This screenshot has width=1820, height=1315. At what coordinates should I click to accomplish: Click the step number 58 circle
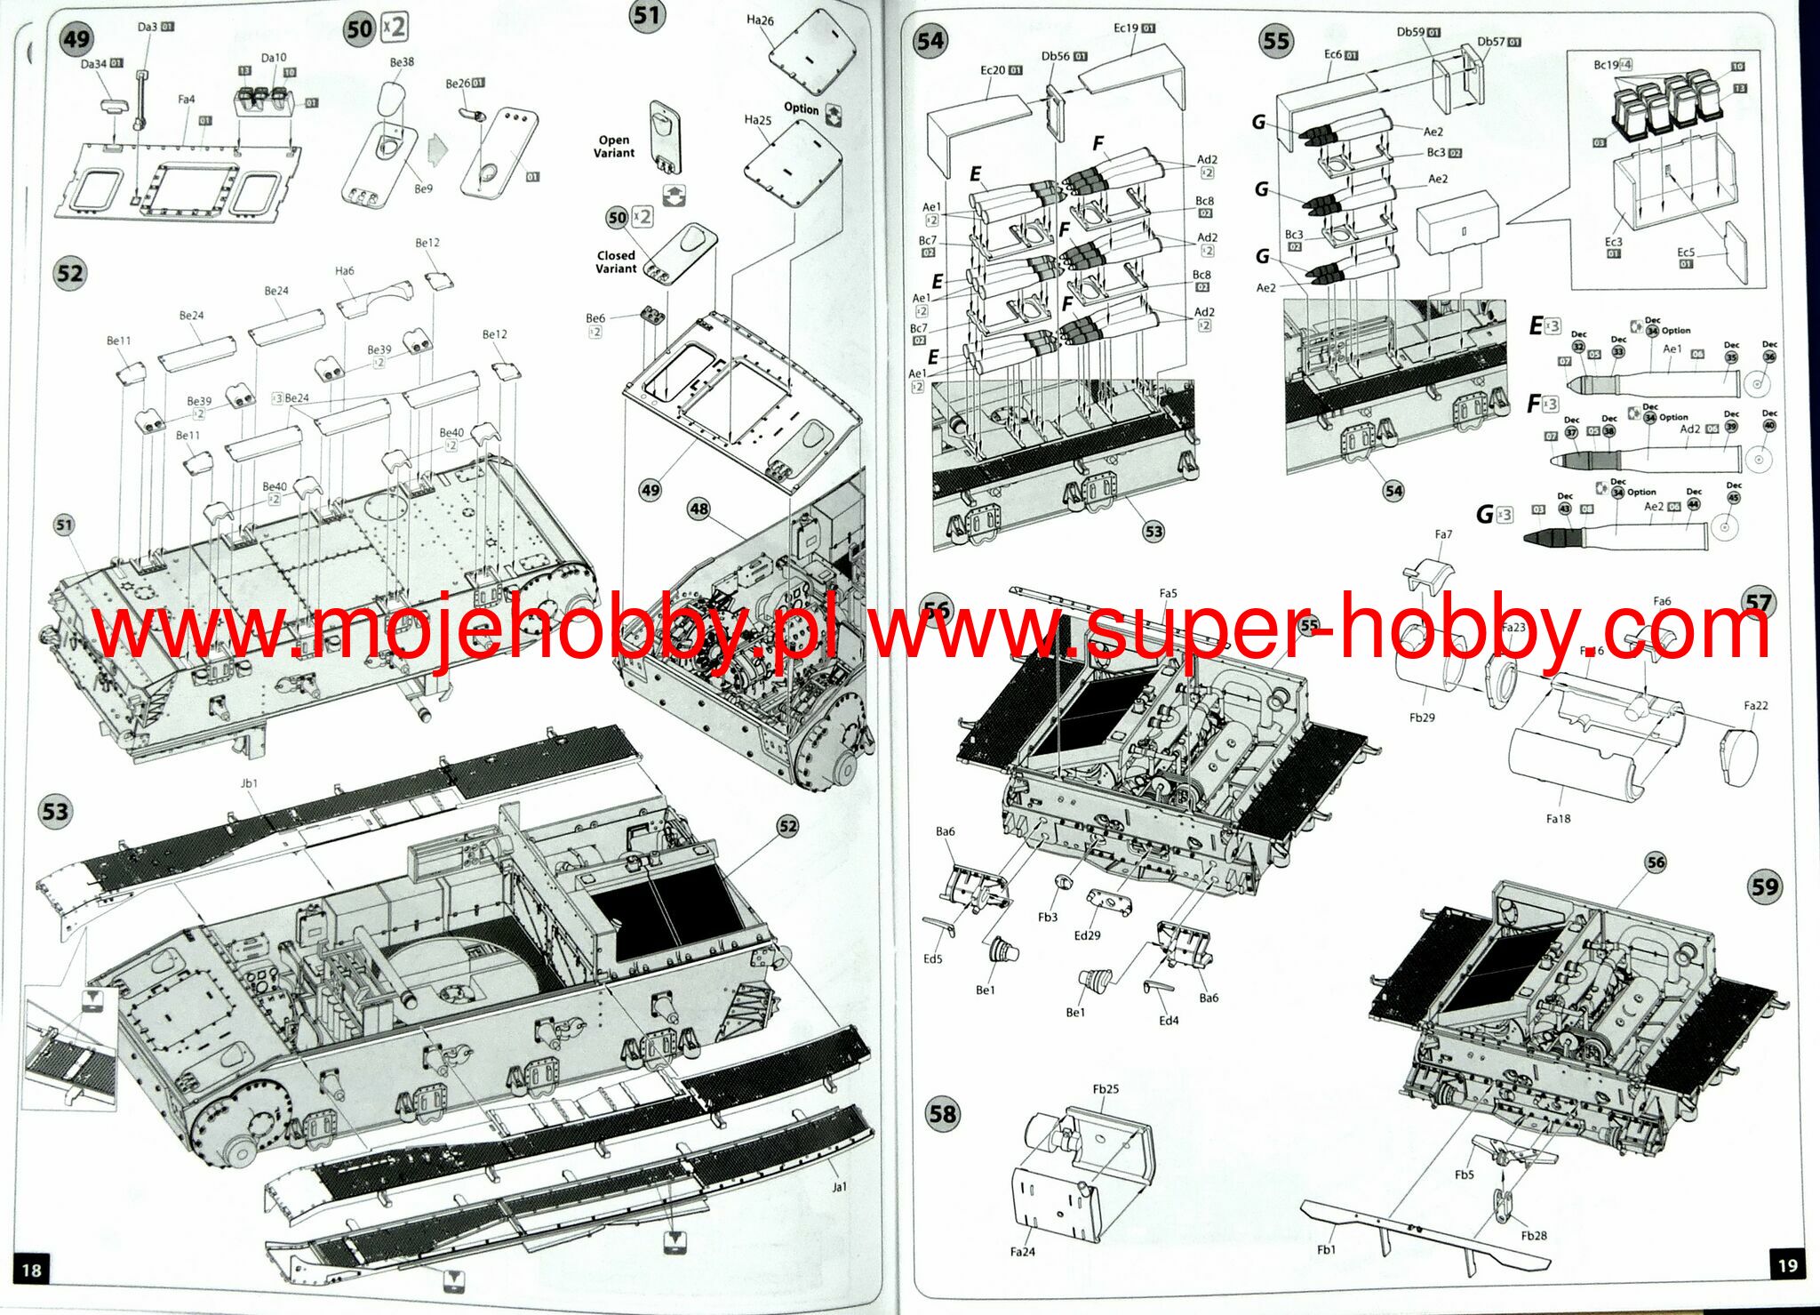click(942, 1114)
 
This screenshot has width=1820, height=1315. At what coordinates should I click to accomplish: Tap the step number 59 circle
click(1764, 886)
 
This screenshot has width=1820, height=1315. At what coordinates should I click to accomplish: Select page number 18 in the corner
click(31, 1269)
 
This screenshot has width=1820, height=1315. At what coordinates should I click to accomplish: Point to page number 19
click(1787, 1265)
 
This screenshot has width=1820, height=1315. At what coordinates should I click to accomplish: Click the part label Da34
click(94, 64)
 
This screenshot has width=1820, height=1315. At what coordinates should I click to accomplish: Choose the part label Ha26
click(760, 20)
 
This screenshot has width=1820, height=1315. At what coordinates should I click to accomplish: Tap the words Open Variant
click(614, 147)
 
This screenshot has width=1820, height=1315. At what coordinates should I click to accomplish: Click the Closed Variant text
click(616, 261)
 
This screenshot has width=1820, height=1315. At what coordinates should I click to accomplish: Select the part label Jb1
click(249, 783)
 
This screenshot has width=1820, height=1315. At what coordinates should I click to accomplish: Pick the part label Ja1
click(840, 1186)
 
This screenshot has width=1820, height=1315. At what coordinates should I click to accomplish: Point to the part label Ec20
click(993, 70)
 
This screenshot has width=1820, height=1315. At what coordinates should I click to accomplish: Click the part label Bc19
click(1606, 65)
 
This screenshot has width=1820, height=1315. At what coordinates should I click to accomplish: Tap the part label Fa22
click(1756, 705)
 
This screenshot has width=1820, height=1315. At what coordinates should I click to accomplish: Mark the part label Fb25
click(1106, 1088)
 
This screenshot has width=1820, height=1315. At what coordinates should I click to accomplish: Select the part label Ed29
click(1087, 935)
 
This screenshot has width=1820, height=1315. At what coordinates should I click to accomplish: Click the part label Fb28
click(1534, 1236)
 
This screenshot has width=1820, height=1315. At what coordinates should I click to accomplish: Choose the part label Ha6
click(345, 271)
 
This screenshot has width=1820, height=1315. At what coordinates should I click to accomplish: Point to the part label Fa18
click(1558, 818)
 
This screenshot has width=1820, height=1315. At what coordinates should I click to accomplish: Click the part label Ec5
click(1686, 253)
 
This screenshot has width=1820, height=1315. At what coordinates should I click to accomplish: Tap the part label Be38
click(402, 62)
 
